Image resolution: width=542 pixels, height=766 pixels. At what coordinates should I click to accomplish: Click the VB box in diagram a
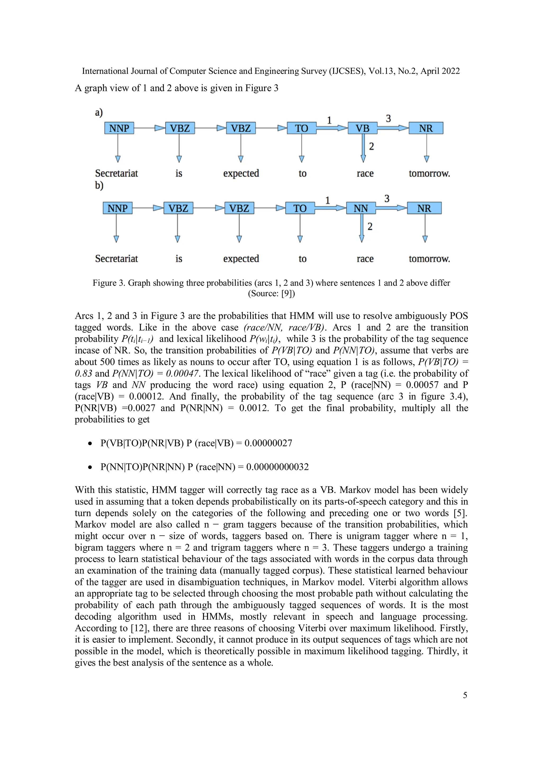(363, 128)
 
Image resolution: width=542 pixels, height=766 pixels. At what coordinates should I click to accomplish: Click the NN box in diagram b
(361, 208)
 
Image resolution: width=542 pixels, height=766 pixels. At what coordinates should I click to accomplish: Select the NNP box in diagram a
(119, 128)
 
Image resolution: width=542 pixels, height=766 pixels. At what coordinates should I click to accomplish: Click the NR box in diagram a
(426, 128)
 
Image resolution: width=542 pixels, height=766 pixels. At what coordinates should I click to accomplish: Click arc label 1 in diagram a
(329, 120)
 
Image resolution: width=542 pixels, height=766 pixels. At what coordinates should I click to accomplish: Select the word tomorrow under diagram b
(429, 259)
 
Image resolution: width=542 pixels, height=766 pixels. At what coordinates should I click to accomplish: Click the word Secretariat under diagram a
(116, 174)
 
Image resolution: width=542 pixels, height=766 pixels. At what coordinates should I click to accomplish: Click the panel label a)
(99, 112)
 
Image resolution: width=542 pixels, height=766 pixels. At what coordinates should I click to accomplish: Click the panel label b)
(99, 185)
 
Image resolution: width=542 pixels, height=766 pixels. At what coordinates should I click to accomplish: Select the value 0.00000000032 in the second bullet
(277, 467)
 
